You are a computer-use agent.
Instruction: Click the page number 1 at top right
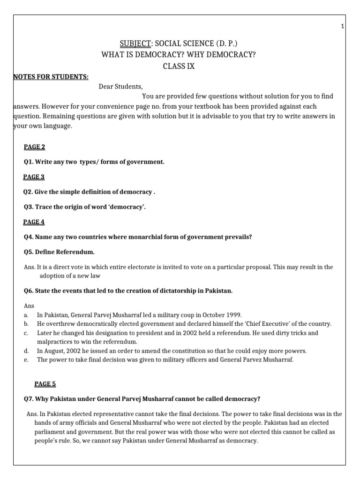pyautogui.click(x=343, y=26)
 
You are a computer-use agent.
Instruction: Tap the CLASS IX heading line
pyautogui.click(x=179, y=66)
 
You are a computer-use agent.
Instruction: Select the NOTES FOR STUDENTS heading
pyautogui.click(x=51, y=77)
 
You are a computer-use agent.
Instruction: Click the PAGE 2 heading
pyautogui.click(x=35, y=147)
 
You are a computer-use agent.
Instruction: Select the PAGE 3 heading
pyautogui.click(x=34, y=177)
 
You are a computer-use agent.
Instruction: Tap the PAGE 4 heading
pyautogui.click(x=34, y=222)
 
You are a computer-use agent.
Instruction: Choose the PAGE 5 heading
pyautogui.click(x=45, y=384)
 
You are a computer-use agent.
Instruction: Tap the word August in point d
pyautogui.click(x=55, y=351)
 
